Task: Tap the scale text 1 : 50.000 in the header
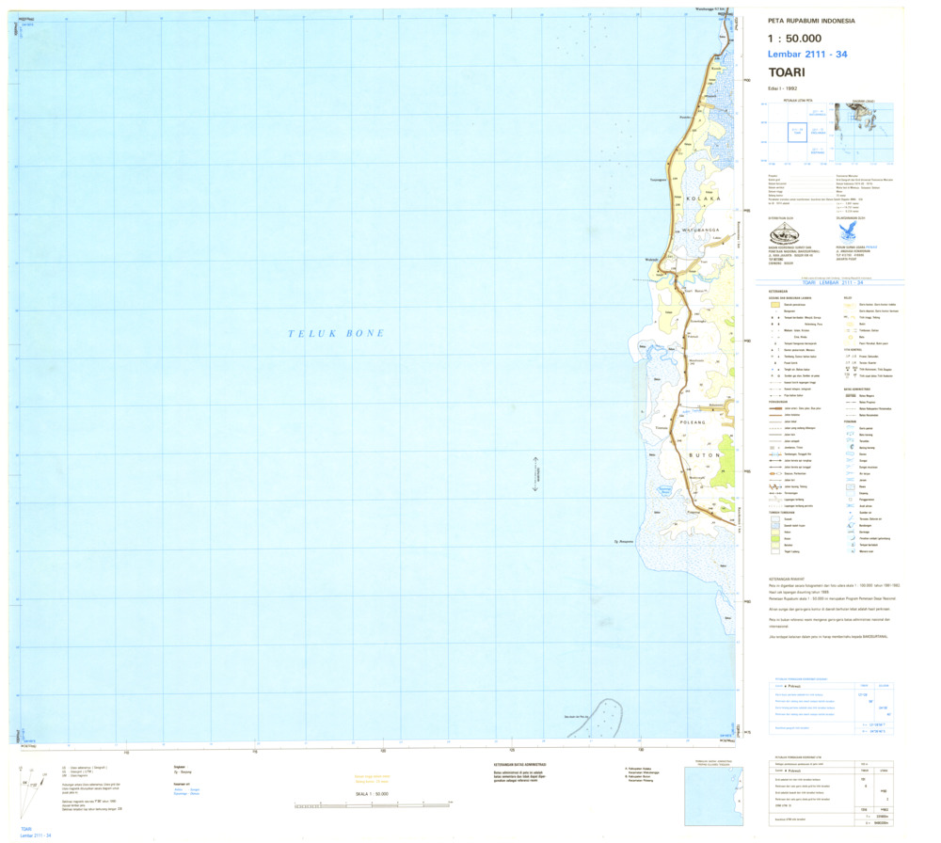pos(801,39)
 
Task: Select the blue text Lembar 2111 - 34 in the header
pos(806,55)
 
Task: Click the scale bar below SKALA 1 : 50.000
pos(373,805)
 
